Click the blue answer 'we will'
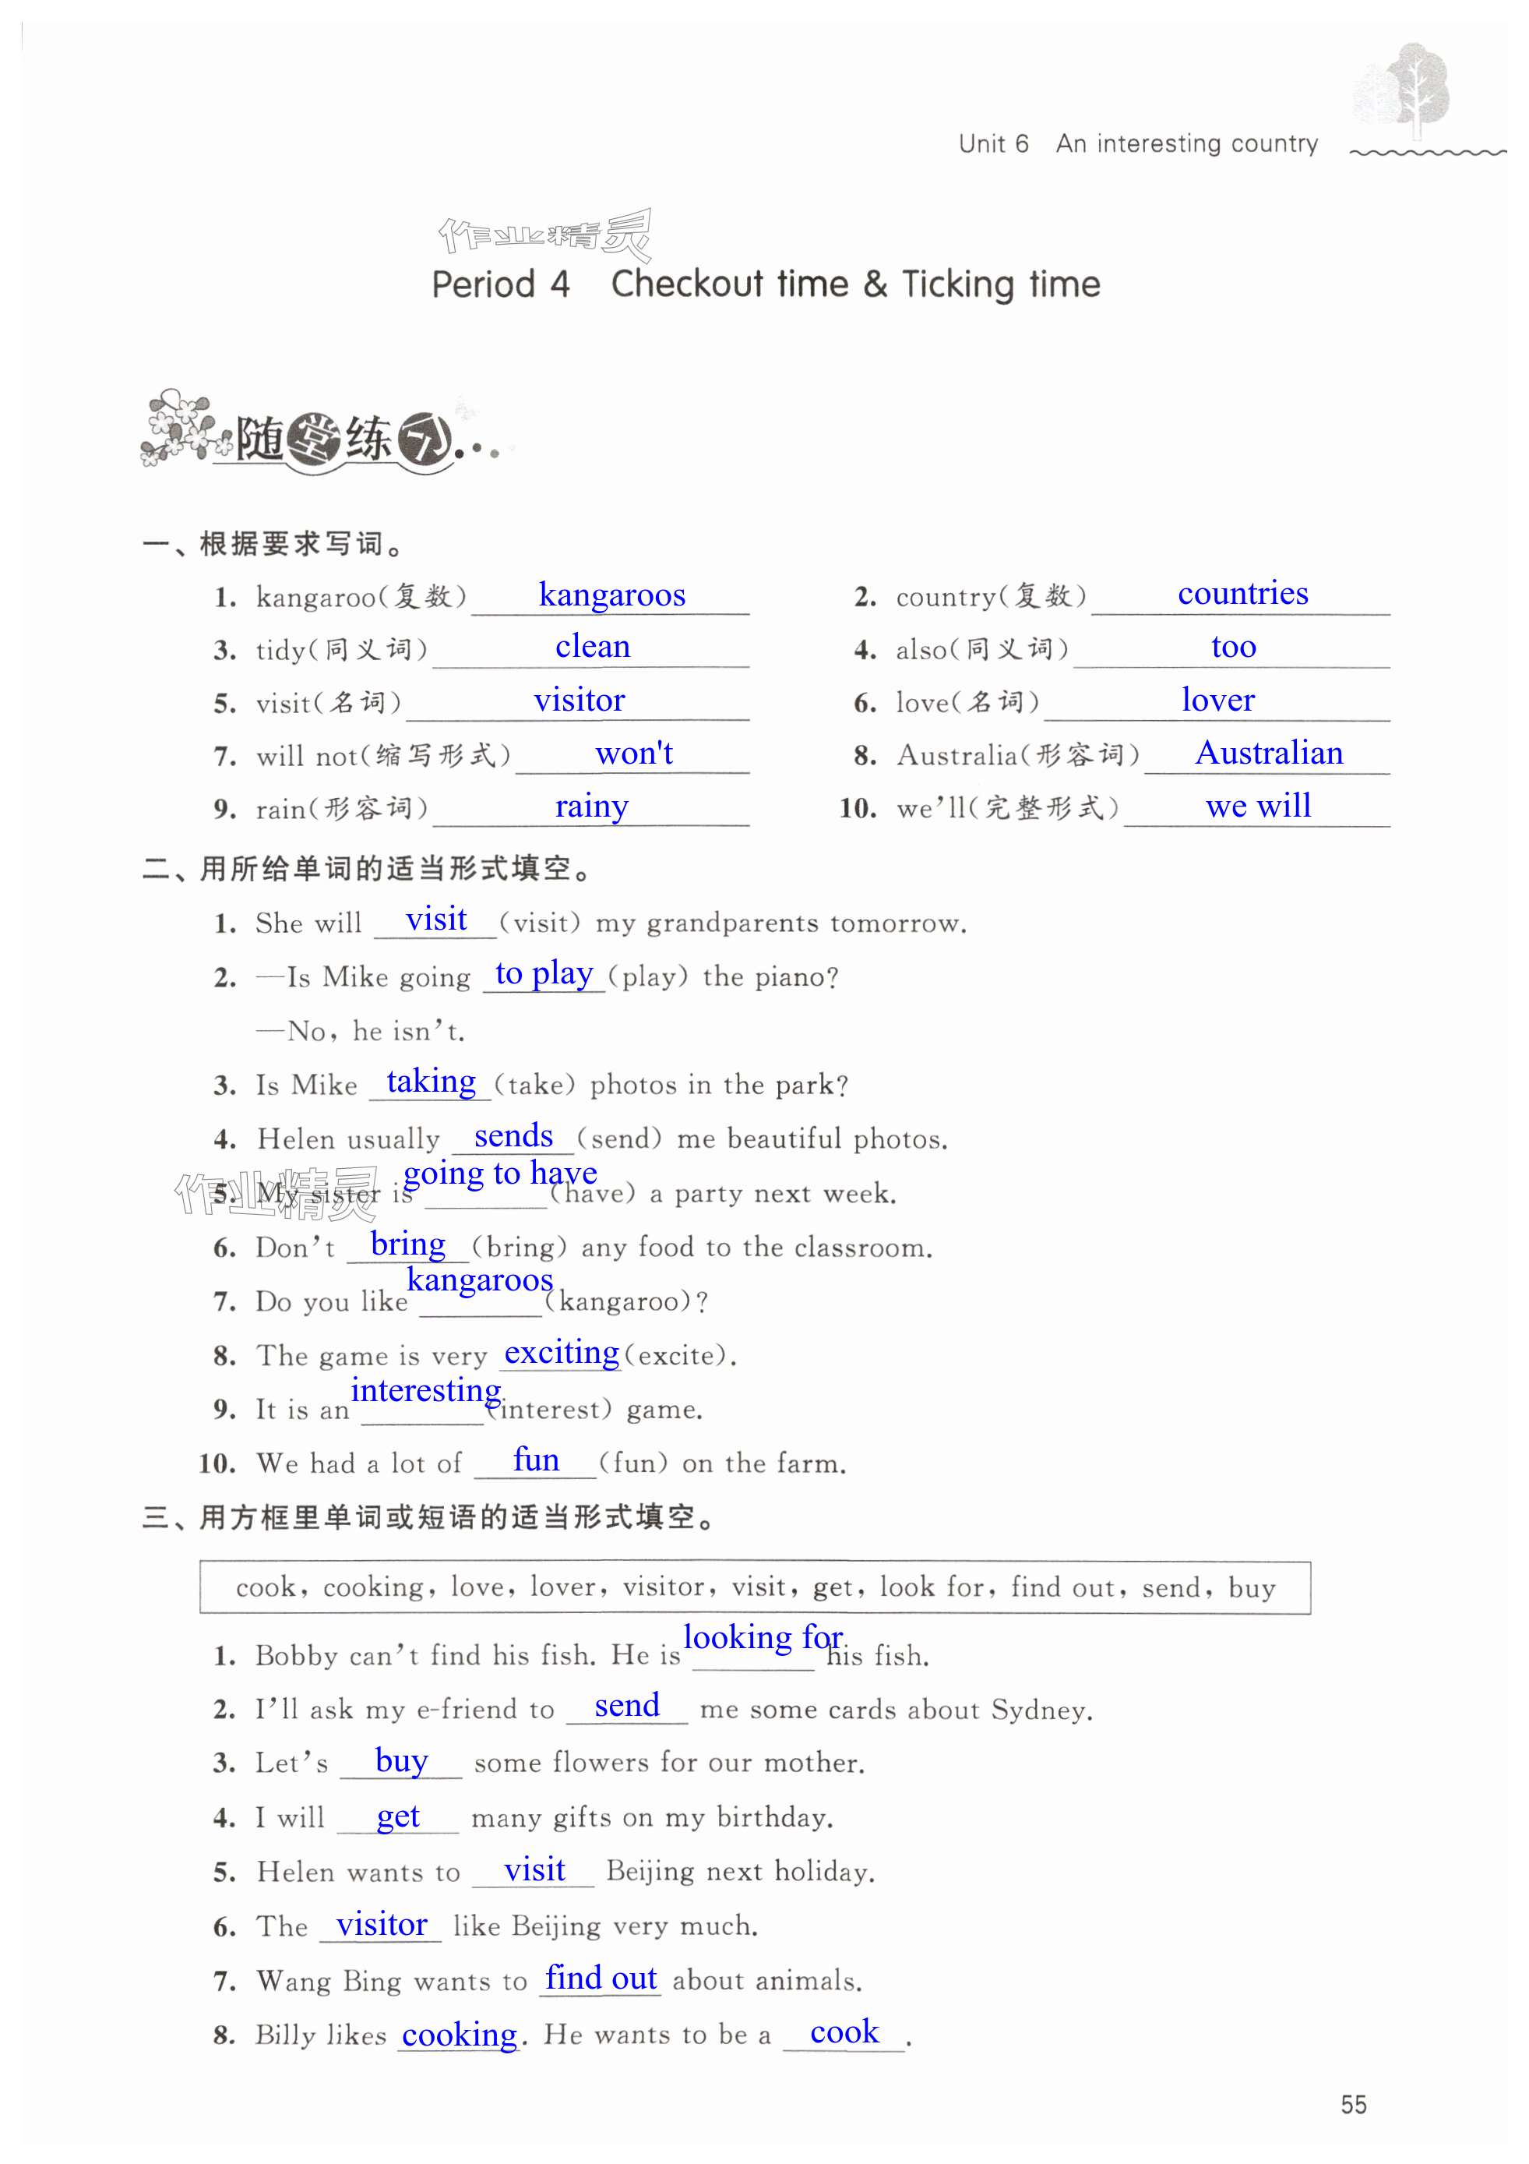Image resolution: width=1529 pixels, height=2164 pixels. [x=1258, y=806]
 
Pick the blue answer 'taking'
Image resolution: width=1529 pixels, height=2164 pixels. [x=431, y=1081]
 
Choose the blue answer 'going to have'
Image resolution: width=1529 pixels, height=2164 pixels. [x=499, y=1174]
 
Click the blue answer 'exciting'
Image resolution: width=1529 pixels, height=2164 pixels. [x=562, y=1353]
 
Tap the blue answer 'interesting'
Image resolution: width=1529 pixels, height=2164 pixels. [x=426, y=1390]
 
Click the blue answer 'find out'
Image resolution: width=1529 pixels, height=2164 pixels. [x=601, y=1979]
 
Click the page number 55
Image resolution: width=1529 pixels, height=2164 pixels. [x=1354, y=2106]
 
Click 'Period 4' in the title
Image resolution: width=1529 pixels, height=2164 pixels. [x=500, y=284]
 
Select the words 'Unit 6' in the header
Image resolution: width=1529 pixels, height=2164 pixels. [x=993, y=144]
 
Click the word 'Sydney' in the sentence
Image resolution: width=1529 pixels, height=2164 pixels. [x=1039, y=1710]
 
